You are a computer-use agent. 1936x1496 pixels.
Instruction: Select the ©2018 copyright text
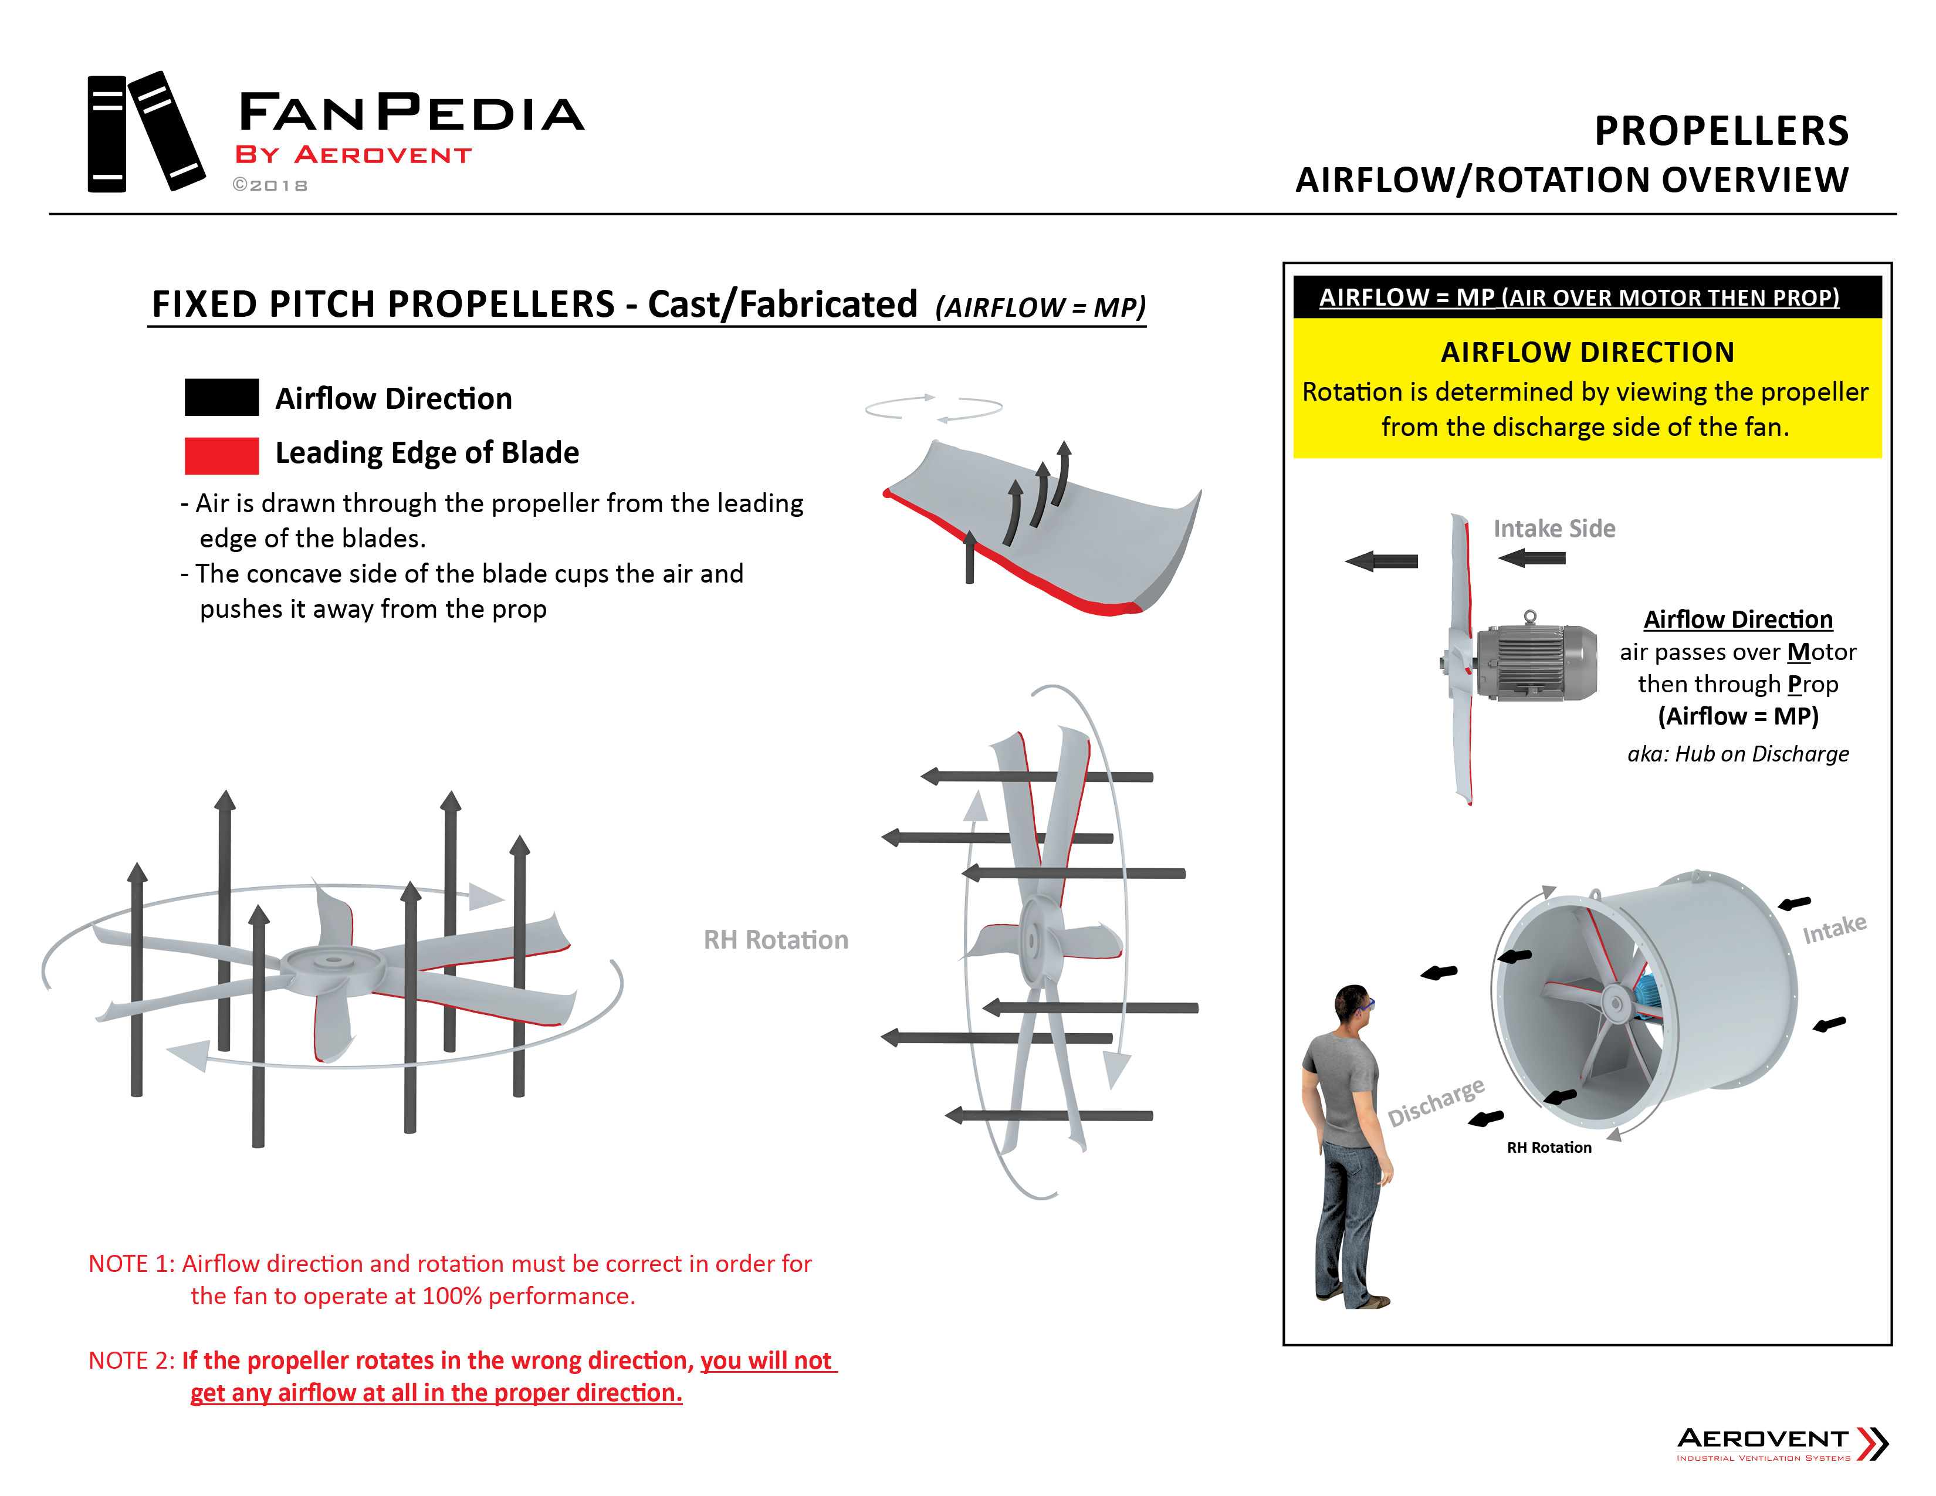(x=270, y=185)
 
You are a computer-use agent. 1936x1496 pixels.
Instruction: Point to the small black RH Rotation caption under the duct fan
(x=1549, y=1148)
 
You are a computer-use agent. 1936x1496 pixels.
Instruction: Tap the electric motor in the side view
(x=1536, y=662)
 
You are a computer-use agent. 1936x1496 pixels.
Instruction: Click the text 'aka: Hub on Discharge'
(x=1738, y=754)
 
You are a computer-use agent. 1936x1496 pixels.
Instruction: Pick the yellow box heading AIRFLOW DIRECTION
(x=1587, y=353)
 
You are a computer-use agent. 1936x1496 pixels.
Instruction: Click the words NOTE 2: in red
(x=131, y=1360)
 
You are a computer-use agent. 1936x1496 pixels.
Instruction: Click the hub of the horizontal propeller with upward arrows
(x=333, y=962)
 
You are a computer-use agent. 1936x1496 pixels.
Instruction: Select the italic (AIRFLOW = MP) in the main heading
(x=1040, y=307)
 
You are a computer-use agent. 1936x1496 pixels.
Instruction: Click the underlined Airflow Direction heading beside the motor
(x=1738, y=620)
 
